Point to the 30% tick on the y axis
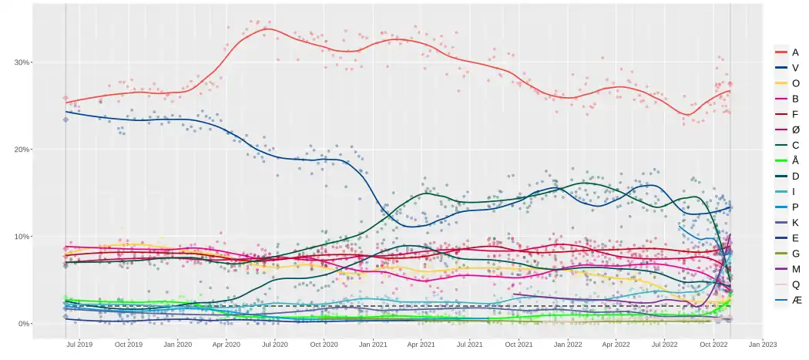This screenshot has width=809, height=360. [21, 62]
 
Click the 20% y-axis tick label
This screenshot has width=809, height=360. [21, 150]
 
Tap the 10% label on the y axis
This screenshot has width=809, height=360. [21, 237]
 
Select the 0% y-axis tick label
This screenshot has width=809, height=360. [23, 324]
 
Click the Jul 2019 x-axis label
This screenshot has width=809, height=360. [79, 345]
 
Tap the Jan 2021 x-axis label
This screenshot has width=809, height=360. [374, 345]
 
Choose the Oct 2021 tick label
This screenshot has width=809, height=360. [519, 345]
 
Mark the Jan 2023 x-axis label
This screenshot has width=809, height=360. [763, 345]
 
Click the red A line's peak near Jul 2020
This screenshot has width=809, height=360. [266, 29]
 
